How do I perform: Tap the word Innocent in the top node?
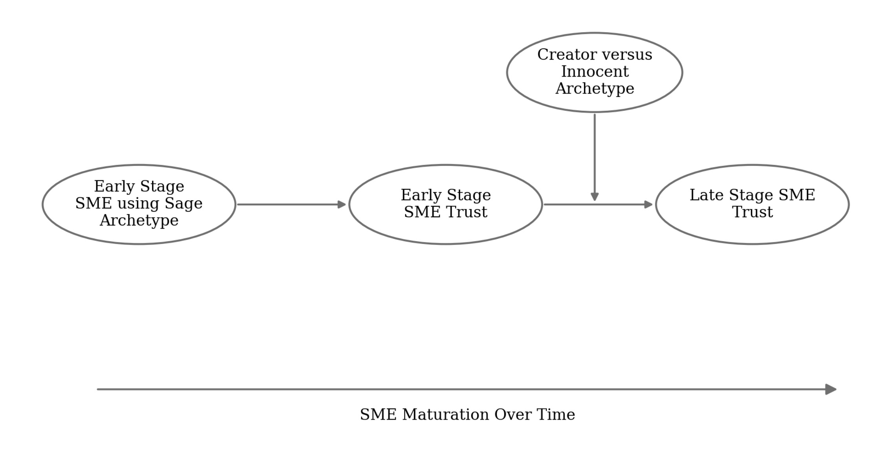click(x=595, y=72)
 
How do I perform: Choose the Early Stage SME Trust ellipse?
click(x=446, y=232)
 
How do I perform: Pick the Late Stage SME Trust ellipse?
click(x=752, y=232)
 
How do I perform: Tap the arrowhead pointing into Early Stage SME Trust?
click(x=342, y=204)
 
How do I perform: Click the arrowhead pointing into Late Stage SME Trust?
click(x=648, y=204)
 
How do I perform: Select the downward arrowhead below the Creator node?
click(x=595, y=196)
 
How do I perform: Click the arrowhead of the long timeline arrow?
click(x=831, y=389)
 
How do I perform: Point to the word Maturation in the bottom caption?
click(x=446, y=415)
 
